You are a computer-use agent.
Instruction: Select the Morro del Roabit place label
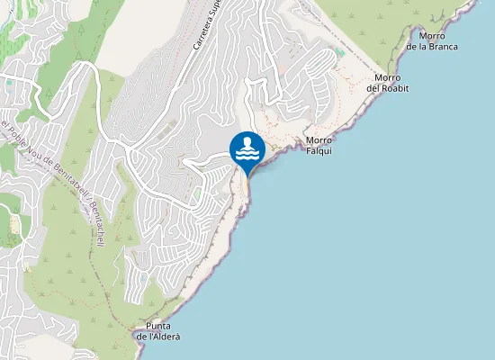point(388,82)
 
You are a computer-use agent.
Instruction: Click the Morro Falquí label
point(319,145)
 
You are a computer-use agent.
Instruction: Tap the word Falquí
point(319,150)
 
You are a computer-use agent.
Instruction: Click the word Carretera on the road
point(199,37)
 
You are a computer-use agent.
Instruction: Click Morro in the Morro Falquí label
point(319,139)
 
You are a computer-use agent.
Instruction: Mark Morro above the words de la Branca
point(432,35)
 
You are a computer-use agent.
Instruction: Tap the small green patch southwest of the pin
point(197,193)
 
